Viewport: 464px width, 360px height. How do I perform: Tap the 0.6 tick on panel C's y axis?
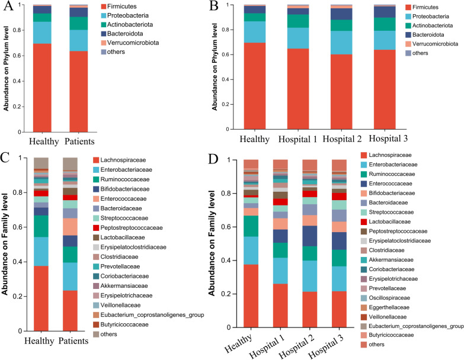(22, 227)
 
